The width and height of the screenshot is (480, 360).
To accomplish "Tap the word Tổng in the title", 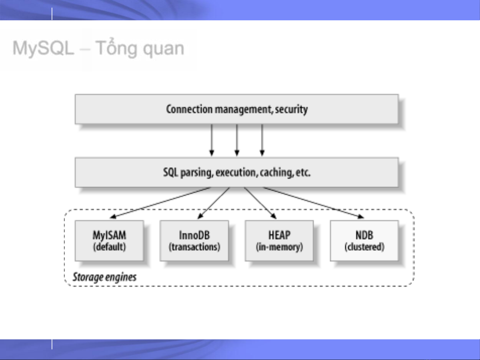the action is pos(116,48).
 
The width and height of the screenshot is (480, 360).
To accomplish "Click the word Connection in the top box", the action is pos(189,109).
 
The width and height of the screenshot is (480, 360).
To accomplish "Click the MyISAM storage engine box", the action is pos(109,241).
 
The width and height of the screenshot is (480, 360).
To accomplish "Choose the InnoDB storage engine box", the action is pos(194,241).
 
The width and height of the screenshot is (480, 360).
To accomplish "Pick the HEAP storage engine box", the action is pos(279,241).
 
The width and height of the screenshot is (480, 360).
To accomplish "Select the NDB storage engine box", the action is pos(364,241).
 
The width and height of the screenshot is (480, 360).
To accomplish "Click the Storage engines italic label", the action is pos(105,277).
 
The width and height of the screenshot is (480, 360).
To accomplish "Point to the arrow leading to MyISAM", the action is pos(160,202).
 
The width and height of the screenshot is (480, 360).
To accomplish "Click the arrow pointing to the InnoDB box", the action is pos(214,203).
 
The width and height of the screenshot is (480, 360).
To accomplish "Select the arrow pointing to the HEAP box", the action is pos(260,203).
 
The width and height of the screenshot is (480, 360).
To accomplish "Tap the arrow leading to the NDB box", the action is pos(313,202).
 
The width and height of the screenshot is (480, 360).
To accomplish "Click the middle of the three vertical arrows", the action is pos(237,140).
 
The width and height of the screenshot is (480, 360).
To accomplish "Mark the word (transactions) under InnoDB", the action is pos(195,247).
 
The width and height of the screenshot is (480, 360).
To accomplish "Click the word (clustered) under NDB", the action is pos(364,247).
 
